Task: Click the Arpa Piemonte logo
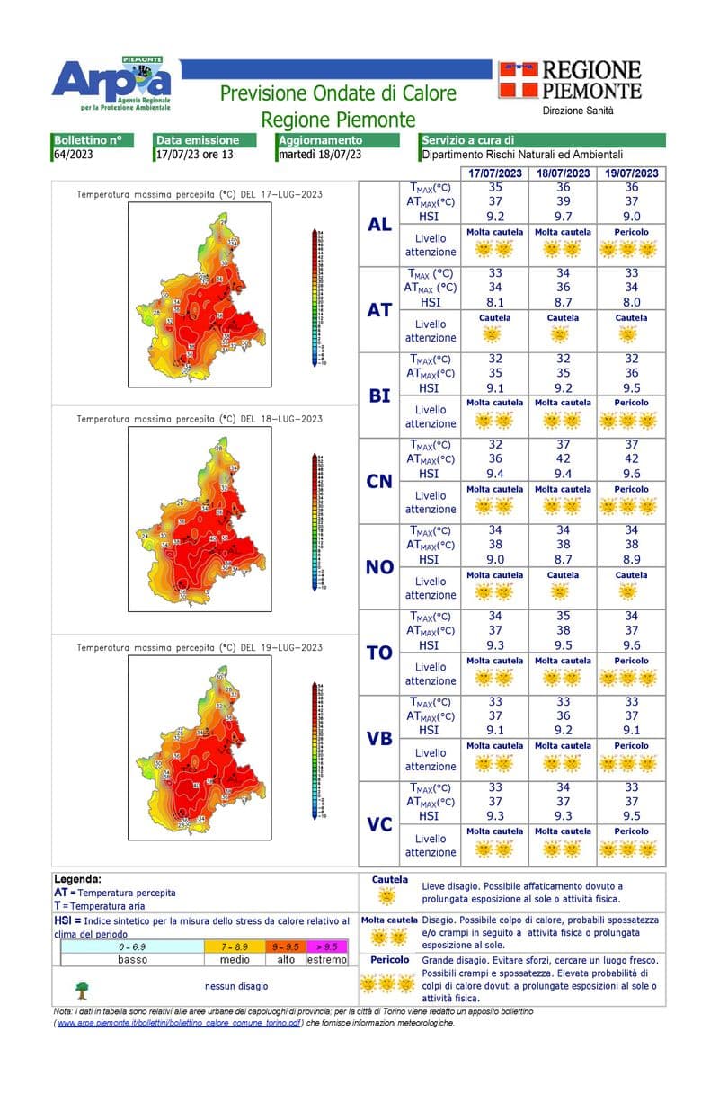tap(111, 83)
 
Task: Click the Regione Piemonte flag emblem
tap(518, 79)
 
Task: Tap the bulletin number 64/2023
tap(73, 154)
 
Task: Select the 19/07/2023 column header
tap(631, 173)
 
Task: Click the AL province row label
tap(379, 224)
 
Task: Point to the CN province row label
tap(379, 481)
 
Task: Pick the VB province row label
tap(379, 738)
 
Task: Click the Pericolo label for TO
tap(631, 661)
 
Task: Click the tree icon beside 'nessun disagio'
tap(82, 989)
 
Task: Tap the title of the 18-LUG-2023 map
tap(200, 419)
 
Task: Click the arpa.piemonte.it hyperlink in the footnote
tap(179, 1023)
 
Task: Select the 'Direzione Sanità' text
tap(578, 111)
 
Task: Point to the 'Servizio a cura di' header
tap(467, 140)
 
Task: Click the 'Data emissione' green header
tap(198, 140)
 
